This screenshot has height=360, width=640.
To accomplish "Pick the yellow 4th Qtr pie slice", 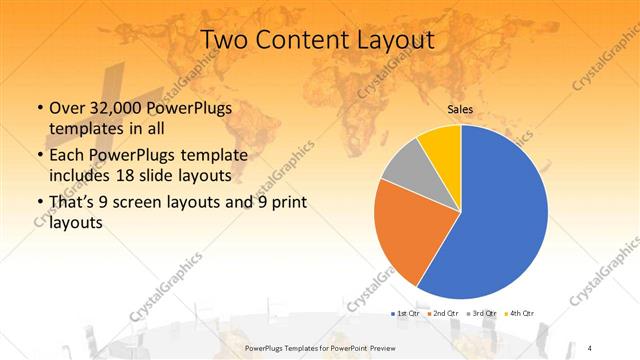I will coord(441,145).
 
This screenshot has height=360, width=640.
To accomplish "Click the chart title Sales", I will coord(460,109).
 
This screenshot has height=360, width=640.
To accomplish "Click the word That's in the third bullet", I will coord(72,203).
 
